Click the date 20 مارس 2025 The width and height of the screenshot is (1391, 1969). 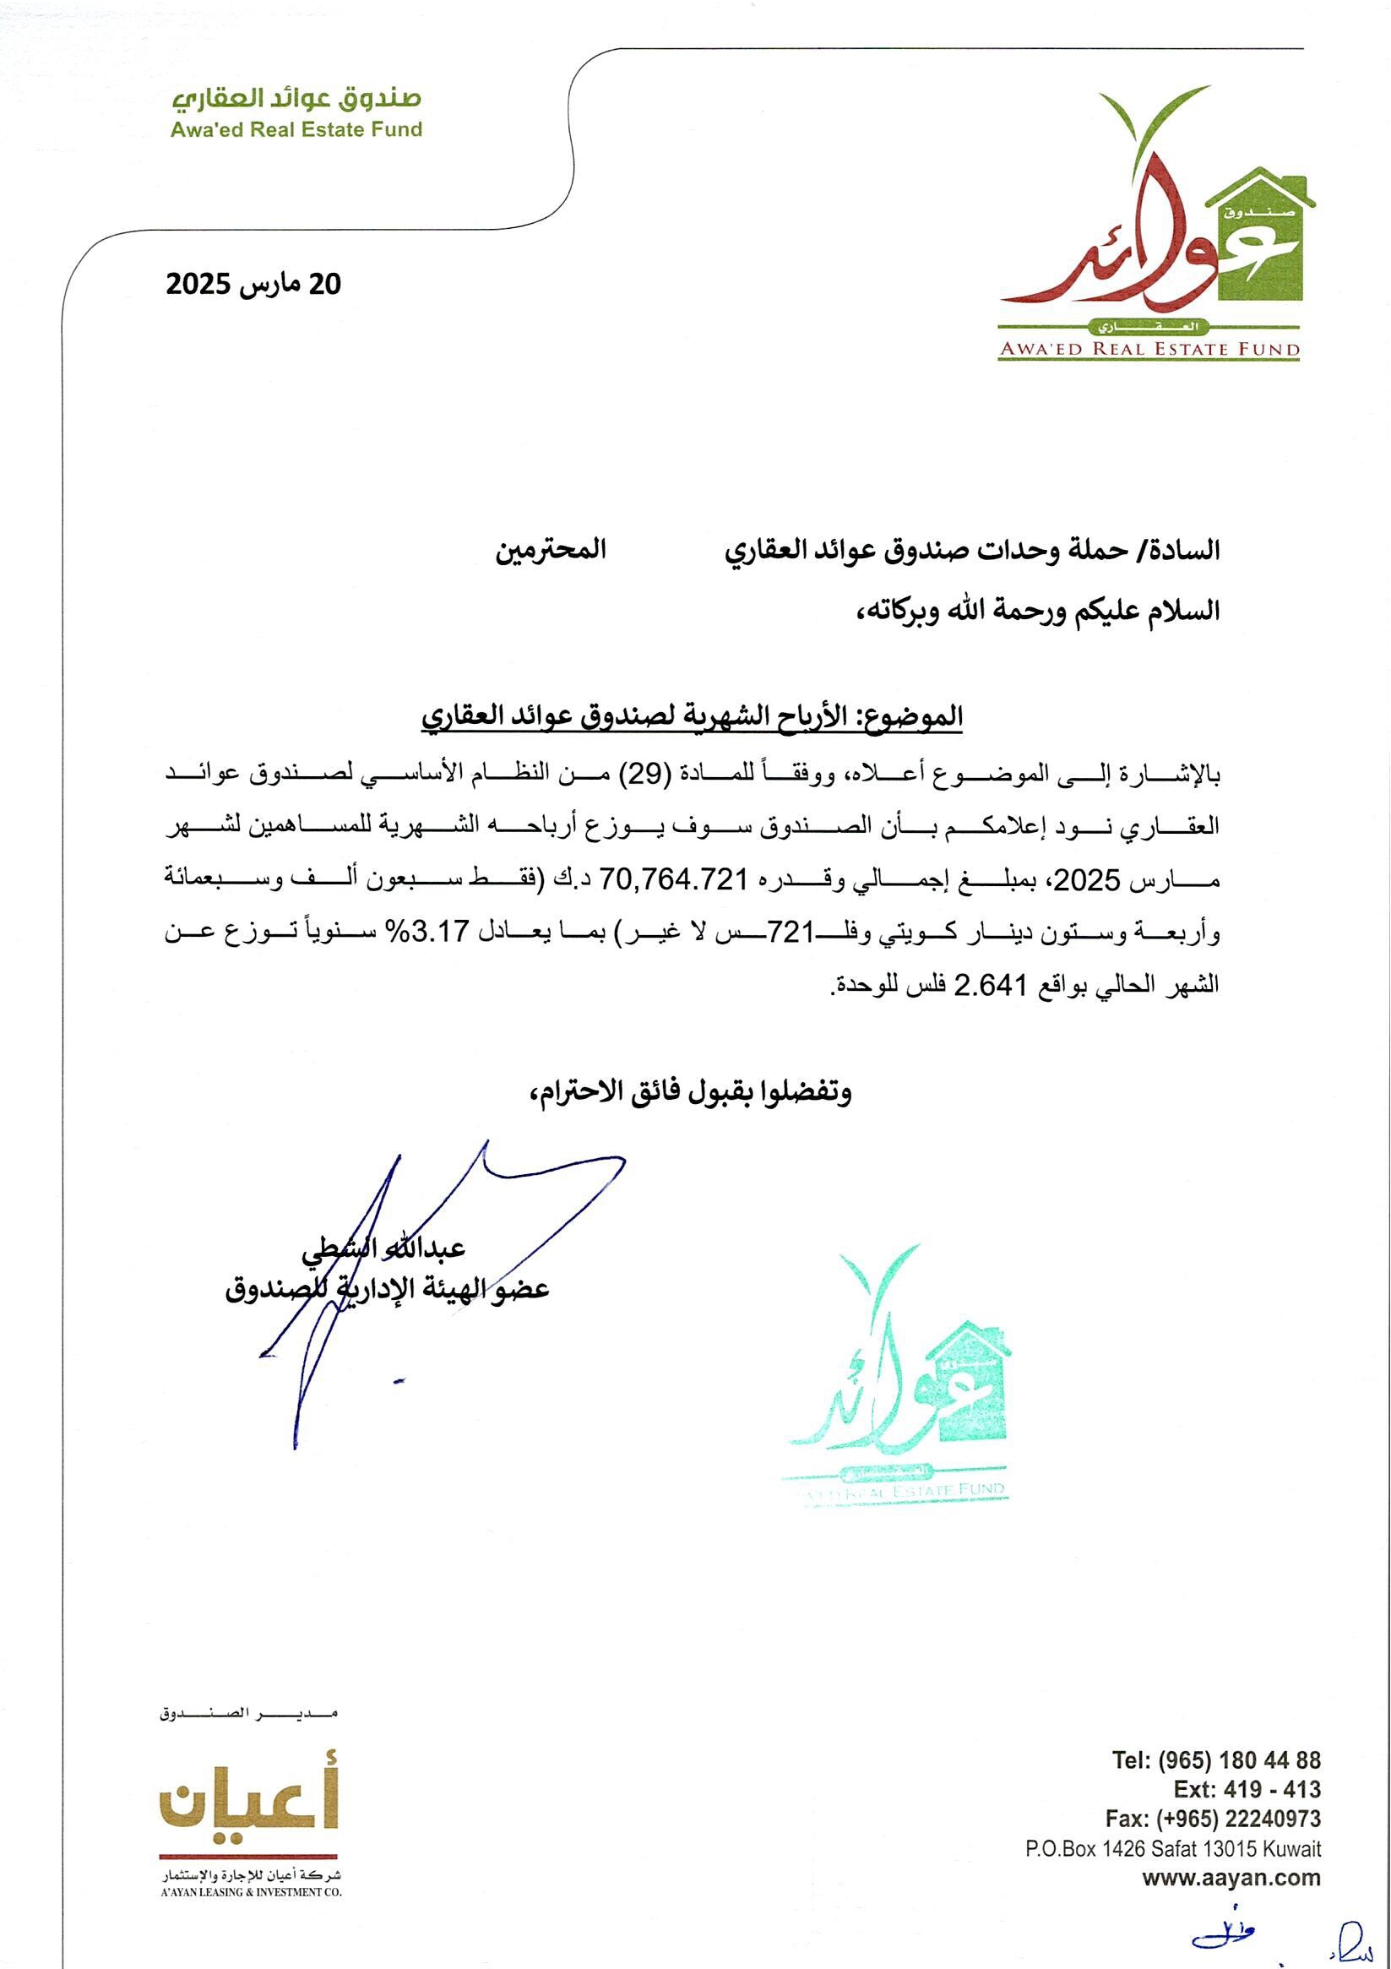254,285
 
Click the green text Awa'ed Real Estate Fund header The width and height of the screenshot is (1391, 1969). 296,129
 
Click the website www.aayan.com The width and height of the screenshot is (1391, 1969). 1231,1854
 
